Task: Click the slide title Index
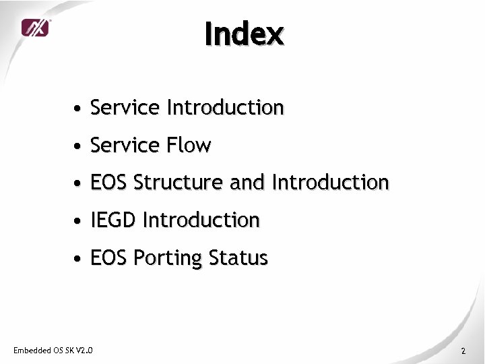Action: click(x=245, y=34)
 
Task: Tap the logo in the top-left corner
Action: click(x=35, y=28)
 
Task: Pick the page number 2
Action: click(x=463, y=351)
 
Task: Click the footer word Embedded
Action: click(x=32, y=350)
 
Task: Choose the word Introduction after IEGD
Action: click(x=201, y=220)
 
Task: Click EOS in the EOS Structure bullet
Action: click(x=109, y=183)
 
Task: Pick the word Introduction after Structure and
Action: click(x=330, y=183)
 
